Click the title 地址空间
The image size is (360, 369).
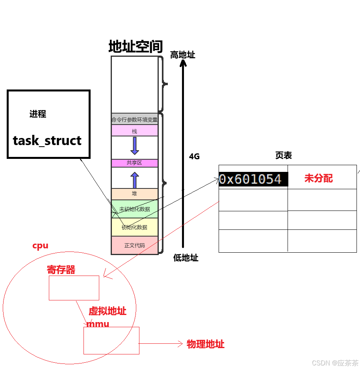(x=135, y=47)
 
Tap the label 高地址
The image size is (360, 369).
(x=182, y=55)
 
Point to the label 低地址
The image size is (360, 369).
(x=186, y=258)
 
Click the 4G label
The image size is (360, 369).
(x=194, y=156)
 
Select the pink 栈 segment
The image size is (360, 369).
(x=135, y=131)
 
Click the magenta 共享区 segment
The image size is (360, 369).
(x=135, y=163)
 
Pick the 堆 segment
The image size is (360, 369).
(x=135, y=194)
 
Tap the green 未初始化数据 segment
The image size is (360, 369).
(x=135, y=209)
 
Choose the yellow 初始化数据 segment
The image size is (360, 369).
(x=135, y=227)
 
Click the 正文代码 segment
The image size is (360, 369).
(x=135, y=245)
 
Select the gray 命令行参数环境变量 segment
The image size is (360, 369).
(x=135, y=119)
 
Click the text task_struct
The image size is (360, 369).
(x=47, y=141)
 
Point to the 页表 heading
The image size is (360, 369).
(x=283, y=155)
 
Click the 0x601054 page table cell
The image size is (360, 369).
(x=250, y=179)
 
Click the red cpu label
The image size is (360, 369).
(x=40, y=246)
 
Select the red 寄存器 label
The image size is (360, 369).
(x=61, y=270)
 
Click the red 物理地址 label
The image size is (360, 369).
(x=205, y=344)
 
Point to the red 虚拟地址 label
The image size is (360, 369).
(x=107, y=311)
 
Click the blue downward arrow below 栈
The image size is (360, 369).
(x=135, y=146)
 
